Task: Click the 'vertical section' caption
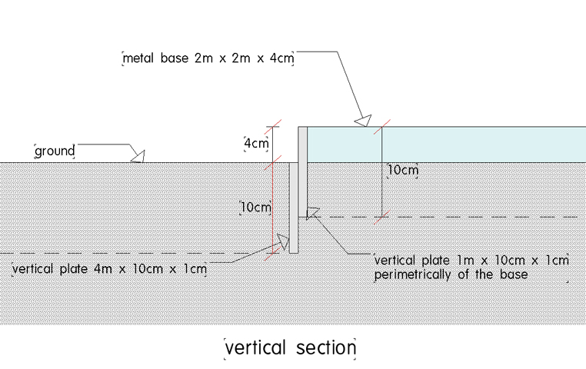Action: (x=290, y=348)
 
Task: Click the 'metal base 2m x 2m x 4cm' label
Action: (x=208, y=58)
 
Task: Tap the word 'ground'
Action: (x=55, y=151)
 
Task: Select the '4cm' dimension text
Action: (x=255, y=144)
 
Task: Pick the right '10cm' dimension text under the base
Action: (x=401, y=171)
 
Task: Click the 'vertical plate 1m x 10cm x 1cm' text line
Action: (x=471, y=260)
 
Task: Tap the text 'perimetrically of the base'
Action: (x=450, y=274)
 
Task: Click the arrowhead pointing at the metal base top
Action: (x=362, y=121)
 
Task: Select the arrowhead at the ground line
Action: (x=138, y=156)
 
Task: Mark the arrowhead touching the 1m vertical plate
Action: (x=314, y=213)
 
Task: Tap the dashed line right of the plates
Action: (x=461, y=217)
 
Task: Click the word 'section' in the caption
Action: (x=325, y=348)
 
